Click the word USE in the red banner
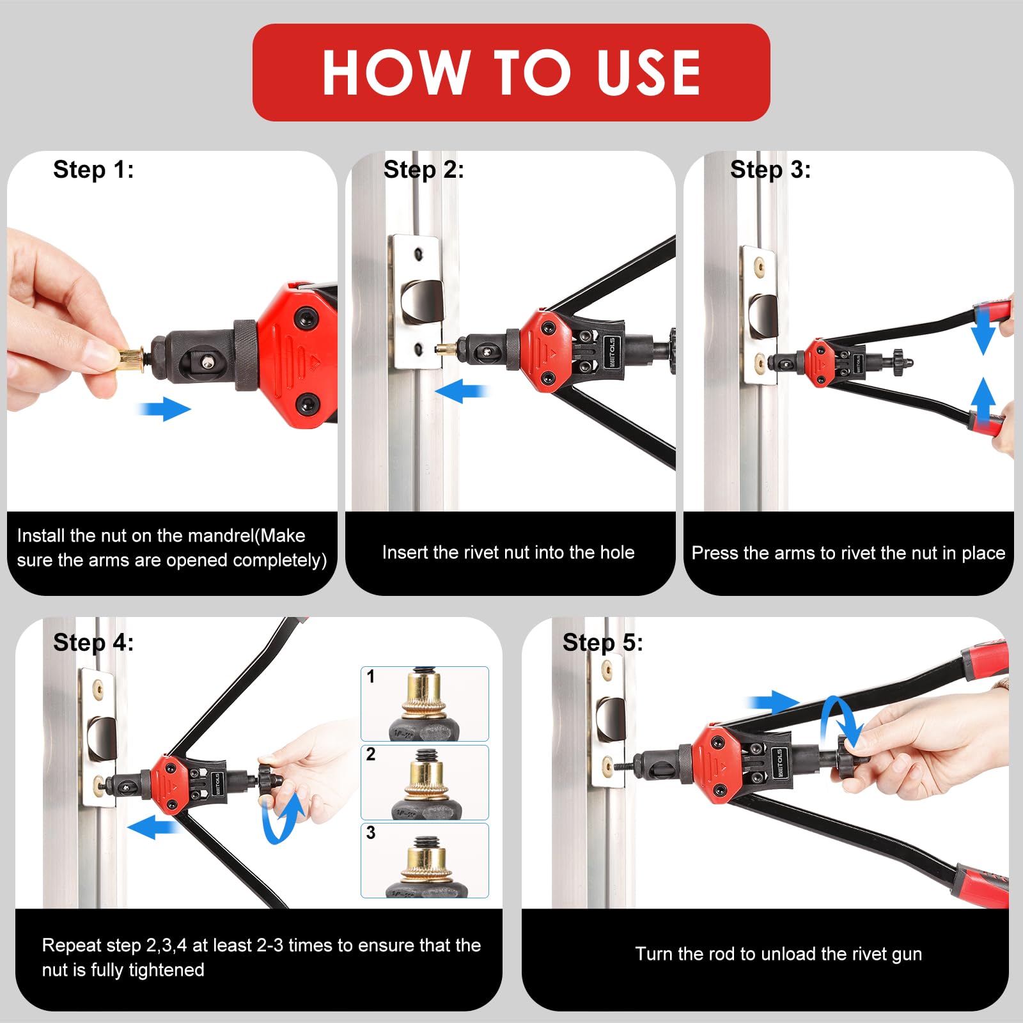[x=648, y=73]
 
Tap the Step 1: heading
[x=93, y=170]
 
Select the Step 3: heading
[x=770, y=170]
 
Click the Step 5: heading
[x=602, y=643]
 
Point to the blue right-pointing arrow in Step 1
[x=165, y=409]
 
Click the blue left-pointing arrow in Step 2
[x=460, y=391]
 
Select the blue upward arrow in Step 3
[x=983, y=400]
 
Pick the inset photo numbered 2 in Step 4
[x=425, y=783]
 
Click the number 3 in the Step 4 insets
[x=371, y=832]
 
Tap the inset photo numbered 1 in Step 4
[x=425, y=704]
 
